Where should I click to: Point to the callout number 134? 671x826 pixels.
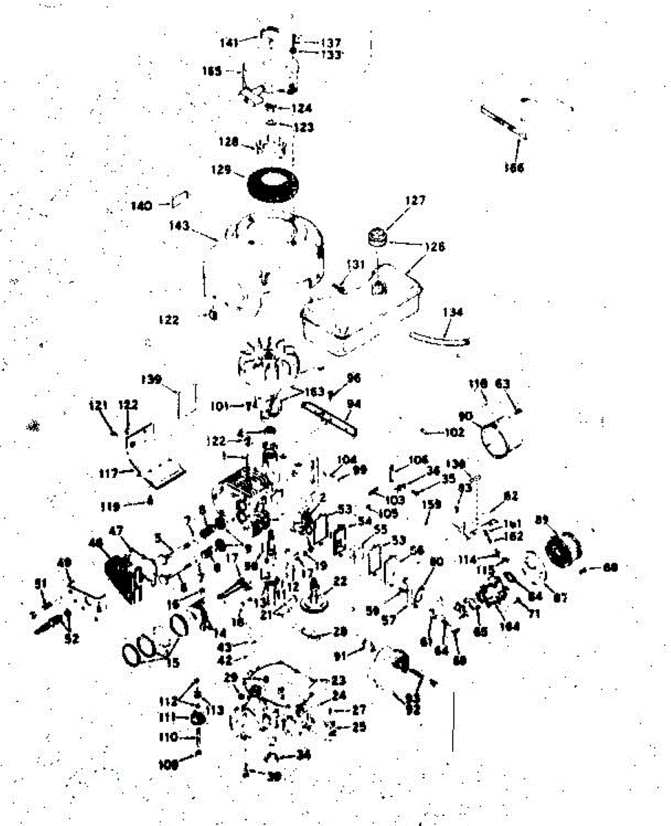tap(453, 313)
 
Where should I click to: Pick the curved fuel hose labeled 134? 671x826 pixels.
tap(441, 338)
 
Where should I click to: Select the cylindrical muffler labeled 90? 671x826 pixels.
tap(500, 438)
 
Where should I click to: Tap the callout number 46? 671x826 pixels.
tap(96, 544)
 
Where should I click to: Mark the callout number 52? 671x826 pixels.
tap(71, 638)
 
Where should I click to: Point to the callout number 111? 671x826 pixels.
tap(167, 717)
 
